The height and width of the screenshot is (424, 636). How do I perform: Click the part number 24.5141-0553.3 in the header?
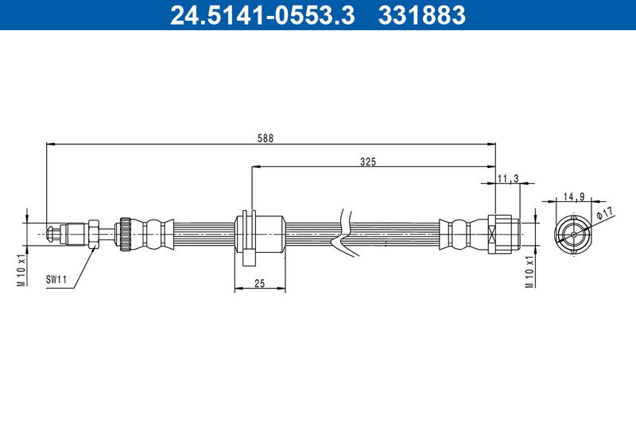[262, 15]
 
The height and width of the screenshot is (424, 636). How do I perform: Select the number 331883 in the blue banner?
[422, 15]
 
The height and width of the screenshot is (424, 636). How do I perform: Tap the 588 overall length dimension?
[266, 138]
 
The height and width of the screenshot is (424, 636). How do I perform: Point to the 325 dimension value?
[368, 162]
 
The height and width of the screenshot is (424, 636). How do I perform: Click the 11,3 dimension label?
[508, 178]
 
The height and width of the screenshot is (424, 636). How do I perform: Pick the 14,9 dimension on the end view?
[574, 197]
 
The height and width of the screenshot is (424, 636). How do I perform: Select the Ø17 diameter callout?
[606, 212]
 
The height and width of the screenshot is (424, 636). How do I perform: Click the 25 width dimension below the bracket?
[260, 284]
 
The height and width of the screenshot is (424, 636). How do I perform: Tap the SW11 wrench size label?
[56, 279]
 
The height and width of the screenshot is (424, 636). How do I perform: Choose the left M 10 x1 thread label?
[21, 271]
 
